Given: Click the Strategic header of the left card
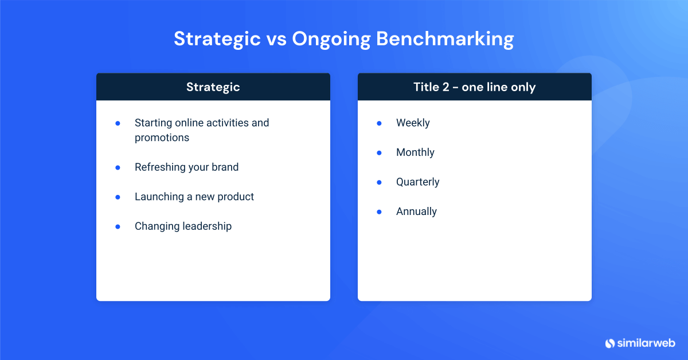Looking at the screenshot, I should [x=213, y=87].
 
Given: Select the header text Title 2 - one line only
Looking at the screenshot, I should [x=474, y=87].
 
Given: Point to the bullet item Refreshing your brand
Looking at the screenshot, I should [x=186, y=167].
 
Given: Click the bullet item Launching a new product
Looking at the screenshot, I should [x=194, y=197].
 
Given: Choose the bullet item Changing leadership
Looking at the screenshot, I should [x=183, y=226].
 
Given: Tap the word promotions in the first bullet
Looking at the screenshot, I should [x=162, y=138].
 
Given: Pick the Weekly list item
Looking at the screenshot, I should [x=413, y=123].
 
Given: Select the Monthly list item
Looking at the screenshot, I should [x=415, y=152].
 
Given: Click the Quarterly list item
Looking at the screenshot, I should [x=417, y=182].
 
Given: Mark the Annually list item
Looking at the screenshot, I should [x=416, y=212].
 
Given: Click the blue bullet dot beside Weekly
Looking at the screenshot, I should [x=379, y=123].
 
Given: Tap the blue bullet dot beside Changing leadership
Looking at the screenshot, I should [x=118, y=226].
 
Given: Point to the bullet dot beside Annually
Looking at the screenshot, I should [x=379, y=212].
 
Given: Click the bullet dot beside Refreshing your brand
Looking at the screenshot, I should [x=118, y=167].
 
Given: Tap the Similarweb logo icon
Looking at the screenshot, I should [x=609, y=343].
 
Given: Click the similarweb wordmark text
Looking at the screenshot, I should [x=646, y=343].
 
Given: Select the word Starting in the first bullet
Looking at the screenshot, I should [x=153, y=123].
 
